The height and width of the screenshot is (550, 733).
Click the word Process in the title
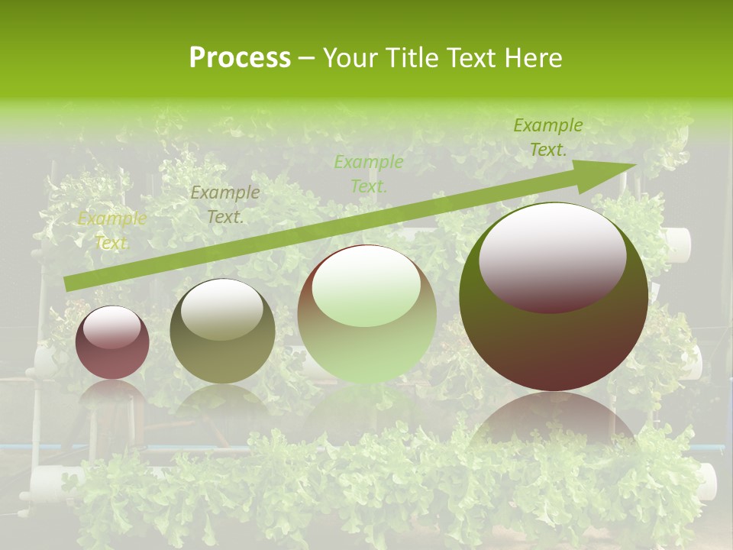240,58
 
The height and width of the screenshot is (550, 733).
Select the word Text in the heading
470,58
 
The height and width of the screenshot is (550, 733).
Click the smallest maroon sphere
112,343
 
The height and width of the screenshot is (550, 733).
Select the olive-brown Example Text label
224,205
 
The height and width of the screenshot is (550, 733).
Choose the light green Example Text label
368,173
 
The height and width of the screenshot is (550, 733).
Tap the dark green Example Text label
547,137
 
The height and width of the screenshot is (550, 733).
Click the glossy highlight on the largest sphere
552,258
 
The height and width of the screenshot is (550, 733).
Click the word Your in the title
349,58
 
